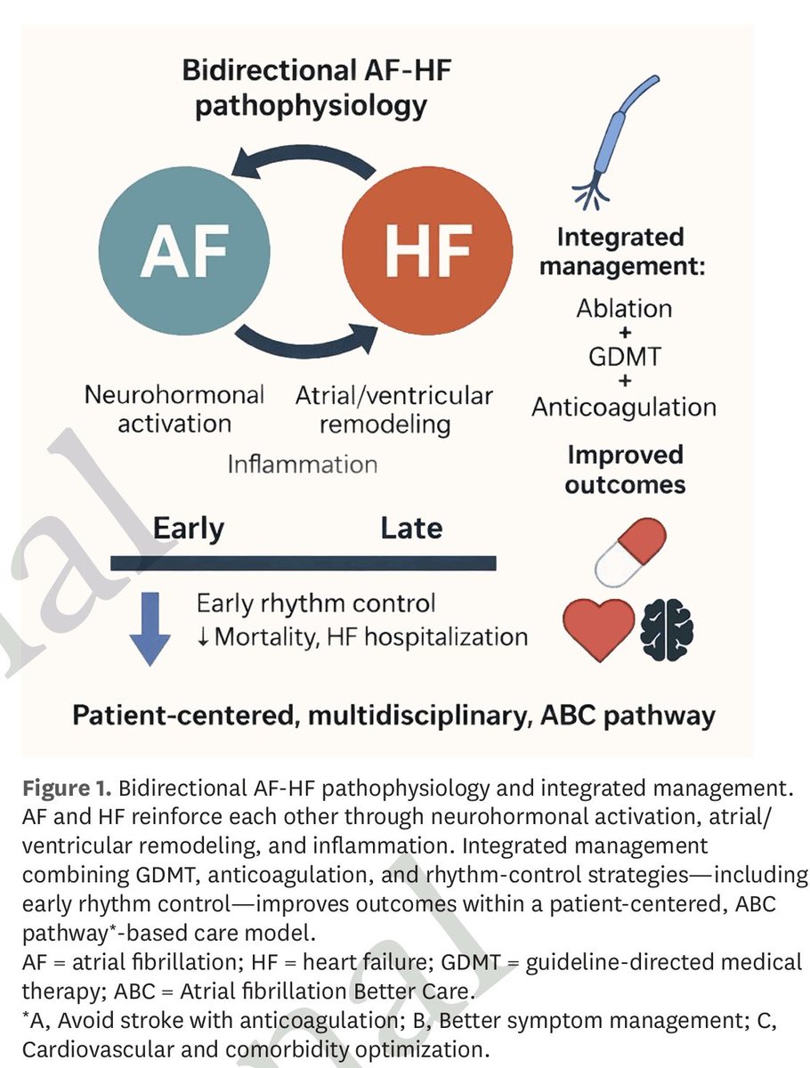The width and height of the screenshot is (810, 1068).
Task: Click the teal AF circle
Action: (184, 251)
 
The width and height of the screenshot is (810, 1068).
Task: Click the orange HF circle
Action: (427, 251)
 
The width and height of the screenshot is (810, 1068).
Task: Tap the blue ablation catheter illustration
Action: (614, 142)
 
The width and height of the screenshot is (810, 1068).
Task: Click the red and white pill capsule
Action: (630, 553)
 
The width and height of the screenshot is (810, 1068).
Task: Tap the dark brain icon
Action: (667, 629)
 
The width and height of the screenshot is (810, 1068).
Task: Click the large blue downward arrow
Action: (150, 628)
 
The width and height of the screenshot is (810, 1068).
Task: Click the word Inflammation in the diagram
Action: (302, 465)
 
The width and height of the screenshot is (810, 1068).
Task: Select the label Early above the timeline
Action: (189, 529)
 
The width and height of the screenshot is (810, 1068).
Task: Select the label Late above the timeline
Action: (411, 528)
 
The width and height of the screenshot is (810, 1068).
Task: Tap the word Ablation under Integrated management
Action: (624, 309)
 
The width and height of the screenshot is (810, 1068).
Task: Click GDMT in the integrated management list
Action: (625, 356)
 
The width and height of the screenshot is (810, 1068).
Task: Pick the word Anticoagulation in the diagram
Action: (624, 408)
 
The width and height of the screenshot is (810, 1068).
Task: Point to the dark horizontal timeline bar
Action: (303, 563)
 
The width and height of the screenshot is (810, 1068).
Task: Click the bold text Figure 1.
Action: (67, 788)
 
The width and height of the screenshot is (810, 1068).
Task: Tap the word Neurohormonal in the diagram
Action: (174, 394)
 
